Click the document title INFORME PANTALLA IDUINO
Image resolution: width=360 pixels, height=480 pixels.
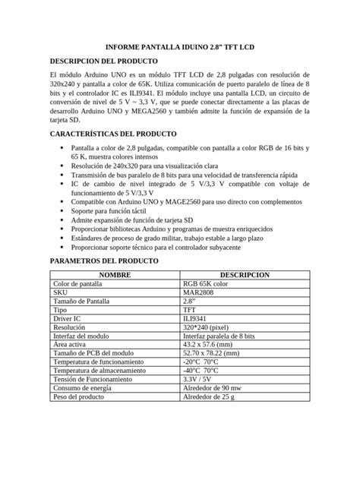click(179, 48)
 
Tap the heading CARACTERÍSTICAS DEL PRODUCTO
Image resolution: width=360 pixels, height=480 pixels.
click(112, 134)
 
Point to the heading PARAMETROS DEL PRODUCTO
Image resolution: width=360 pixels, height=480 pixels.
click(103, 261)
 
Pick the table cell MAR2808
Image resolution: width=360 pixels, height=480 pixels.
click(197, 292)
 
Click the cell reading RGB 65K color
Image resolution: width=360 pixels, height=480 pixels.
click(205, 283)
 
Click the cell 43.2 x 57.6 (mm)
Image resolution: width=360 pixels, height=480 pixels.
click(210, 344)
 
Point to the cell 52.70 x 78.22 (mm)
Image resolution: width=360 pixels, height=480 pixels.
click(216, 353)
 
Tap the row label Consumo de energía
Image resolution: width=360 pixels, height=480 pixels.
click(84, 388)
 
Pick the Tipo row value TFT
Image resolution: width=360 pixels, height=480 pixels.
click(189, 309)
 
